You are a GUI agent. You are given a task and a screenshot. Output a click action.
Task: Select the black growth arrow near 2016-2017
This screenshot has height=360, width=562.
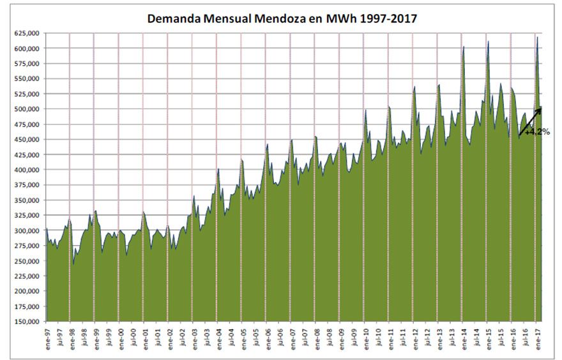530,121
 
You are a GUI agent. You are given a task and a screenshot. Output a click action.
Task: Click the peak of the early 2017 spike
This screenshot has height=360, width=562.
537,38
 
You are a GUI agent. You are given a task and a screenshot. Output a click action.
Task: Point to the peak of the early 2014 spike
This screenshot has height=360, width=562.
464,47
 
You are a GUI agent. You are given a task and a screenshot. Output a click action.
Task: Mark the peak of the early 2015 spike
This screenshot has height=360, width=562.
489,42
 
